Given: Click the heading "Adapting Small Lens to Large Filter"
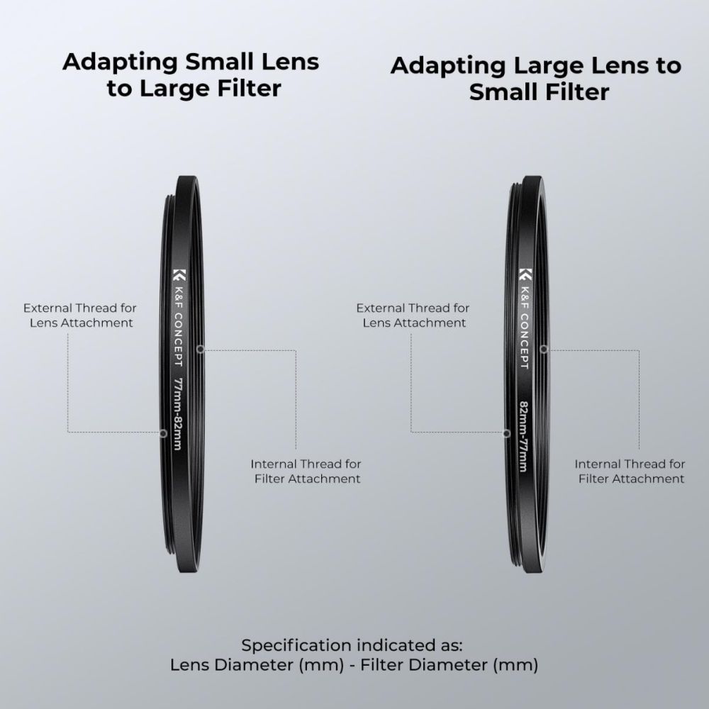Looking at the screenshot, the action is click(x=191, y=75).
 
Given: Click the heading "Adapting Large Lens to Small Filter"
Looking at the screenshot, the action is click(x=536, y=79).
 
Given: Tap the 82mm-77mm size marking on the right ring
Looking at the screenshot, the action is click(x=523, y=436).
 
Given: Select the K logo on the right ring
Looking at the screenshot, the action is click(x=525, y=274).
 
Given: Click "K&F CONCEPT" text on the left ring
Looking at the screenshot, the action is click(x=179, y=326).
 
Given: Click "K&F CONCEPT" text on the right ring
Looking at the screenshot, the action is click(x=525, y=328).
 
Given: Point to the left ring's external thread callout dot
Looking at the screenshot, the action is click(x=163, y=434).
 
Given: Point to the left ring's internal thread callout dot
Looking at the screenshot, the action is click(x=201, y=349).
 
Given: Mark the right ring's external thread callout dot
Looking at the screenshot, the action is click(x=506, y=434).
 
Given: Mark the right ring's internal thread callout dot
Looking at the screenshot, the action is click(x=544, y=349).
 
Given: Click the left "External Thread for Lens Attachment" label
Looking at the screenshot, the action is click(x=80, y=316).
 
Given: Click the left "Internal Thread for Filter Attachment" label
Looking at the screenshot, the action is click(x=306, y=471).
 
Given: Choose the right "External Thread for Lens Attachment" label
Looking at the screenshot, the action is click(x=413, y=316).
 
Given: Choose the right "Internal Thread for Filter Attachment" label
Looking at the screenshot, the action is click(x=630, y=471).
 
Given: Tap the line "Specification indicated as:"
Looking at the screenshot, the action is click(x=352, y=645).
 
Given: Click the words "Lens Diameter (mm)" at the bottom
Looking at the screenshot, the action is click(x=257, y=665).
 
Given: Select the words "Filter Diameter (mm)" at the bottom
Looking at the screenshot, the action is click(x=449, y=665).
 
